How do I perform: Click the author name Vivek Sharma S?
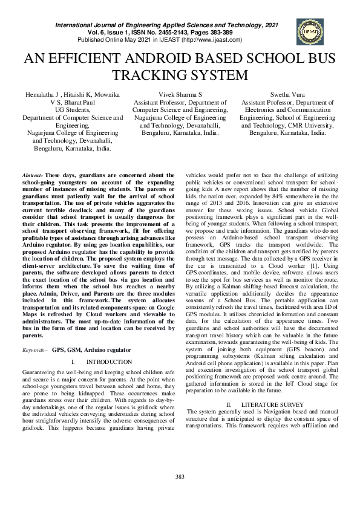coord(180,96)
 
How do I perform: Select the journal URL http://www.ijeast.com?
coord(213,39)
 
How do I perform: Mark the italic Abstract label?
coord(32,173)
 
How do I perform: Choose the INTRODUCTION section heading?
coord(109,361)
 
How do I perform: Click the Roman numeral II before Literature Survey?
coord(229,403)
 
